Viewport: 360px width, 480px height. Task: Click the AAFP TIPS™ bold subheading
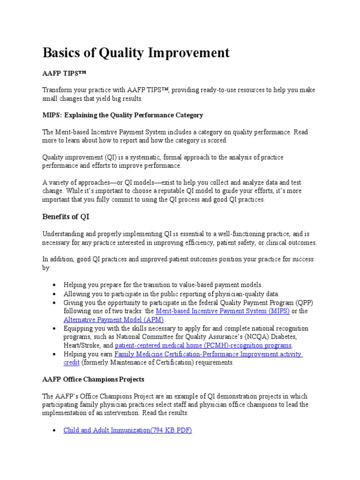pyautogui.click(x=64, y=74)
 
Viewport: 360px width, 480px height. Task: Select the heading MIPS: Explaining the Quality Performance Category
pyautogui.click(x=123, y=115)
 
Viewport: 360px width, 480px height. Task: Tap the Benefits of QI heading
pyautogui.click(x=66, y=217)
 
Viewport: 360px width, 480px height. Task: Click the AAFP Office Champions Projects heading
pyautogui.click(x=93, y=379)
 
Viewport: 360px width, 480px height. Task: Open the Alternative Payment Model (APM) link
pyautogui.click(x=114, y=320)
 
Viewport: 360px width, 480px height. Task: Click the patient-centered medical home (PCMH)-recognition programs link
pyautogui.click(x=203, y=345)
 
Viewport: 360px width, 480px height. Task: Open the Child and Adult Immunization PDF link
pyautogui.click(x=127, y=430)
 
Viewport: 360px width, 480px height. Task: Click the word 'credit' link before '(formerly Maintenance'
pyautogui.click(x=72, y=362)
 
